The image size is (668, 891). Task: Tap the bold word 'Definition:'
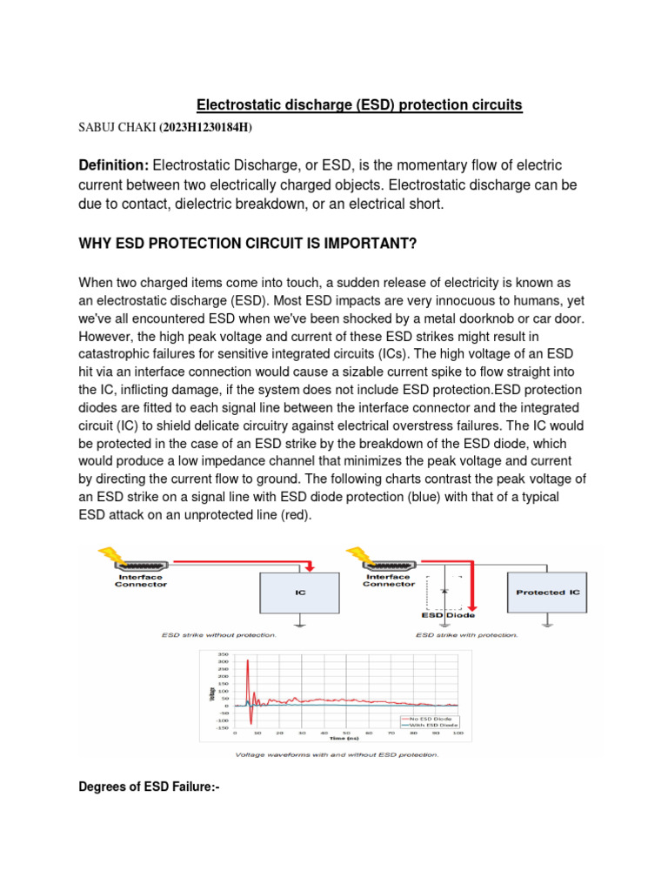click(x=114, y=165)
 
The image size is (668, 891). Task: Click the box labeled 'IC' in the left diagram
click(x=301, y=592)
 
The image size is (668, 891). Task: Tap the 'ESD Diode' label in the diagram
click(x=444, y=615)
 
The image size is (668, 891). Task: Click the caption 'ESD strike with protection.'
click(x=466, y=635)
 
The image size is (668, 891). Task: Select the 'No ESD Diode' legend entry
click(x=430, y=717)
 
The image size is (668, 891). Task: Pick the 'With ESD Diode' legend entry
click(x=430, y=724)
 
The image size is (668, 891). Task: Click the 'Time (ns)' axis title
click(x=345, y=737)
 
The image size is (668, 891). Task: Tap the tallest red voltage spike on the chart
click(x=248, y=663)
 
